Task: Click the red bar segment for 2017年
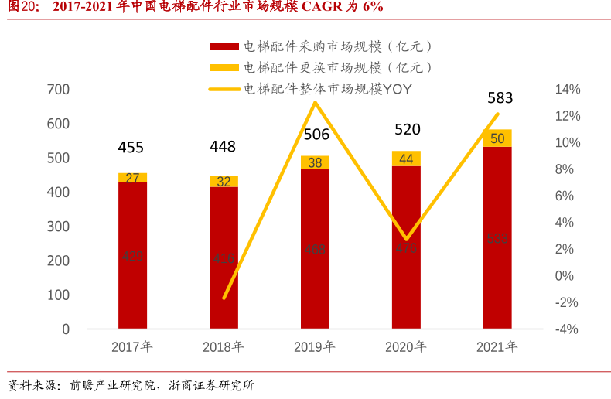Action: (132, 255)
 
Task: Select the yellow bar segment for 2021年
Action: (497, 138)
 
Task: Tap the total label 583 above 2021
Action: (500, 98)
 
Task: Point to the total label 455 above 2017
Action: (131, 147)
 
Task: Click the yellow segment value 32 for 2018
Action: (224, 182)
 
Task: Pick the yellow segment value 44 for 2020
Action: (406, 159)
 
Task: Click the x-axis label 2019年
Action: (315, 347)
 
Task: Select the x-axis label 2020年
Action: (406, 347)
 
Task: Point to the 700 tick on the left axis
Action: (59, 90)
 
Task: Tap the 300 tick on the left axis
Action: (59, 227)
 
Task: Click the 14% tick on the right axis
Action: (568, 90)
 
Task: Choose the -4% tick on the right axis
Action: (568, 329)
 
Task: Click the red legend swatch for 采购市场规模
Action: (224, 47)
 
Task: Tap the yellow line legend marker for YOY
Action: (224, 89)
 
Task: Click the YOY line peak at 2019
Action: (315, 102)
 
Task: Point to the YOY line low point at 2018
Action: (224, 298)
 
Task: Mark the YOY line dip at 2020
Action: (407, 239)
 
